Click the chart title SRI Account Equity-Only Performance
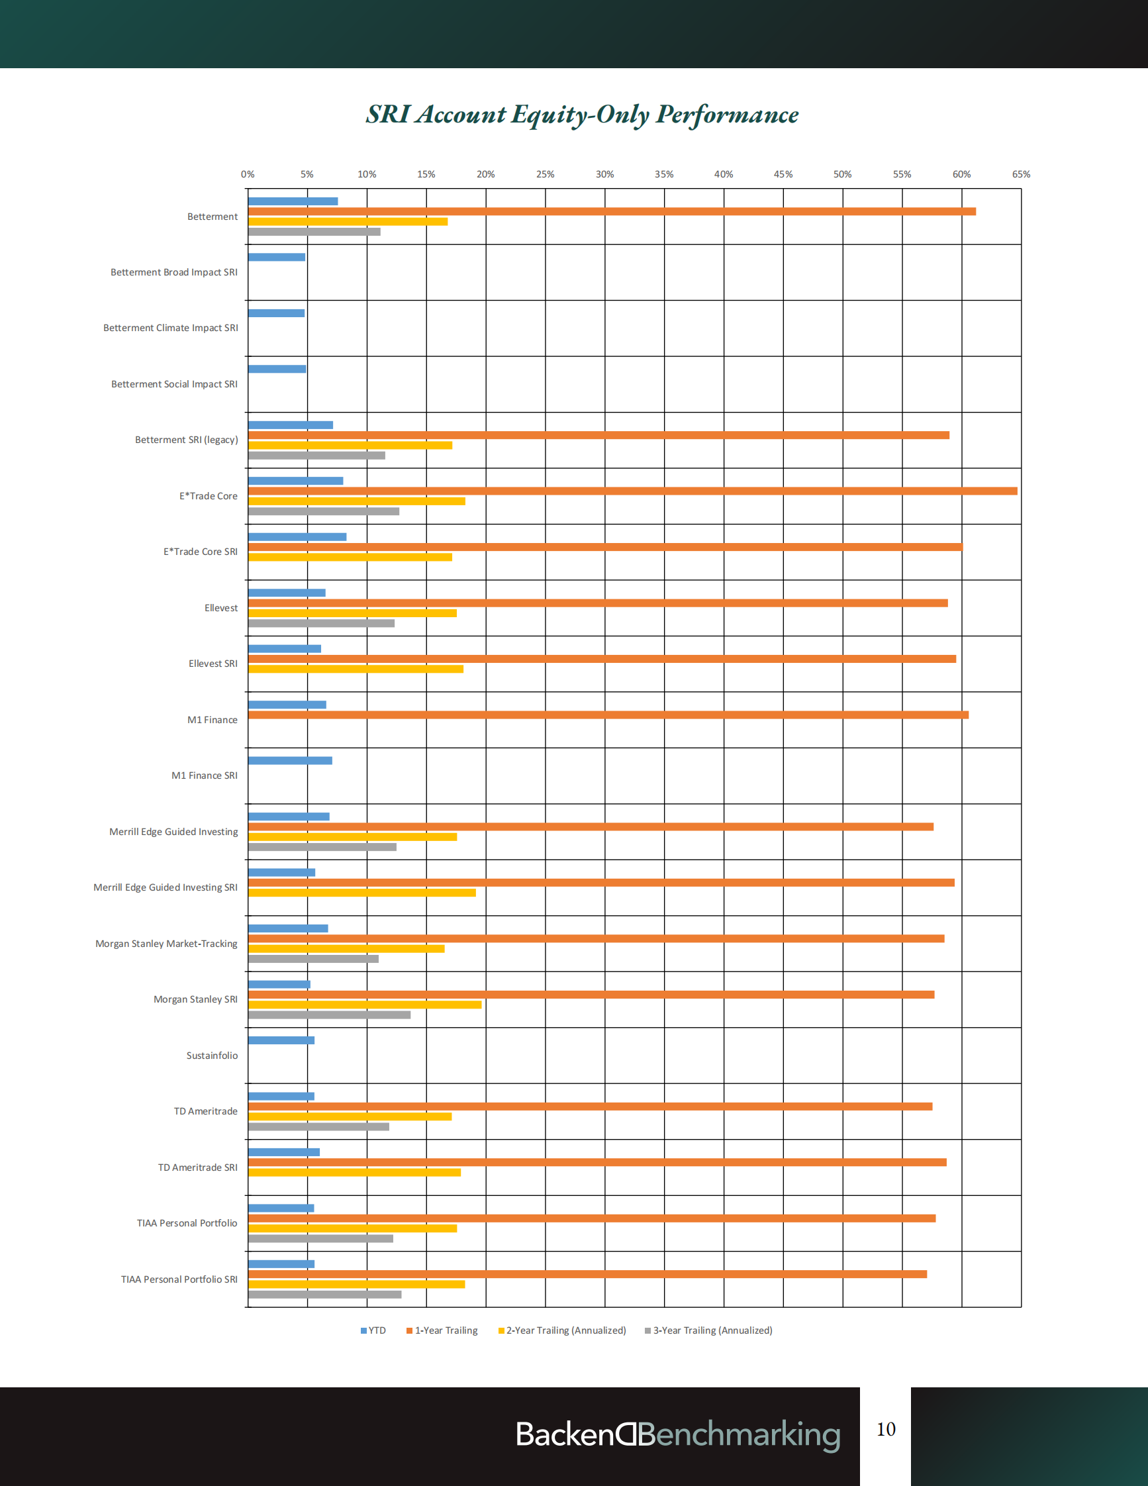582,115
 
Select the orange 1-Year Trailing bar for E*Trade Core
632,491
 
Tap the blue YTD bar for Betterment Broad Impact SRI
277,257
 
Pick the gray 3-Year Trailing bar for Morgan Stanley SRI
329,1015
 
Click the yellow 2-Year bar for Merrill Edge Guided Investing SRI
361,893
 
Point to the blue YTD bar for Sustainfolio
281,1040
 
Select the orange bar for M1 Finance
608,715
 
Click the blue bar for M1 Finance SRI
290,761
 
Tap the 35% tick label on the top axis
664,174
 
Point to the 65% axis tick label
1020,174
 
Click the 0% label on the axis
248,174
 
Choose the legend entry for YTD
373,1330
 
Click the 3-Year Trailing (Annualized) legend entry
708,1330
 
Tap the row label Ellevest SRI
213,664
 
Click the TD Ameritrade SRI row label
198,1167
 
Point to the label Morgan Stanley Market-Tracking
167,944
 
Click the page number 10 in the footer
885,1429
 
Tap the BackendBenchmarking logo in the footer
677,1434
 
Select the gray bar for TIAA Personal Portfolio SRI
324,1294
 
